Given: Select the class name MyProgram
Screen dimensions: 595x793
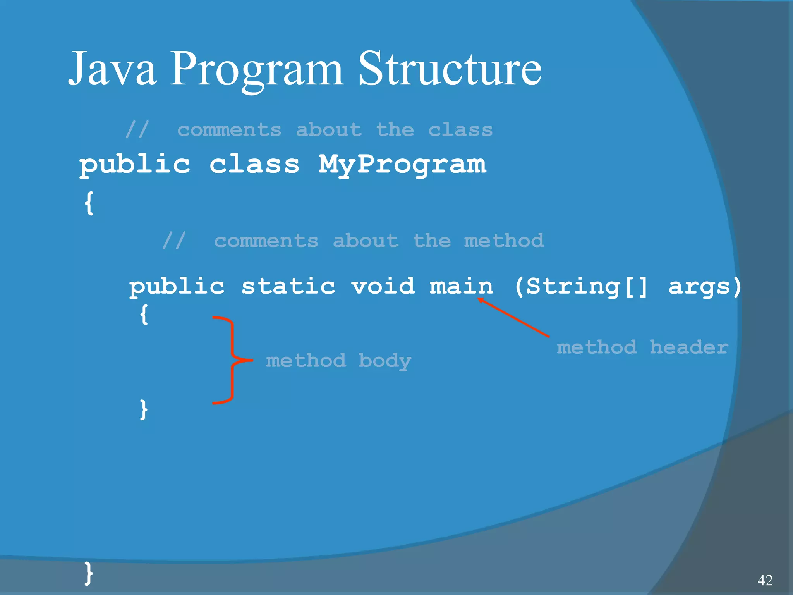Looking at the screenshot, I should (402, 164).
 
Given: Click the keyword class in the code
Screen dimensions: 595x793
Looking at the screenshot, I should (254, 164).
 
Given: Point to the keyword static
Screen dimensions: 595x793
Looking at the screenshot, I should (288, 287).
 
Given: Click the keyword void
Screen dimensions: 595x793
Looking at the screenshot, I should (383, 287).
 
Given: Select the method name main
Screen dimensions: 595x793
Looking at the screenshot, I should (461, 287).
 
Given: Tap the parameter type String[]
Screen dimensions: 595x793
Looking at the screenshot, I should (581, 287).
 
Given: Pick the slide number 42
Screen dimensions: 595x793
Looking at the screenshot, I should (765, 580).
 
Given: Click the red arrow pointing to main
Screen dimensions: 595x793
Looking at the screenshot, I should (513, 317).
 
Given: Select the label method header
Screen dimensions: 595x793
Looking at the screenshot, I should (642, 347).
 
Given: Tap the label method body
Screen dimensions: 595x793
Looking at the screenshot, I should (338, 361).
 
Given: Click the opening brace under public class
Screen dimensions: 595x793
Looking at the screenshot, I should (89, 203).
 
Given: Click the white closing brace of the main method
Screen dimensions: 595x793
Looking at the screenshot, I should (144, 409).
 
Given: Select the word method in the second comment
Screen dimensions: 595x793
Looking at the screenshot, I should (503, 241).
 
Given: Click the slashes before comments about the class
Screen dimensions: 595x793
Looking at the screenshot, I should (137, 129).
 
